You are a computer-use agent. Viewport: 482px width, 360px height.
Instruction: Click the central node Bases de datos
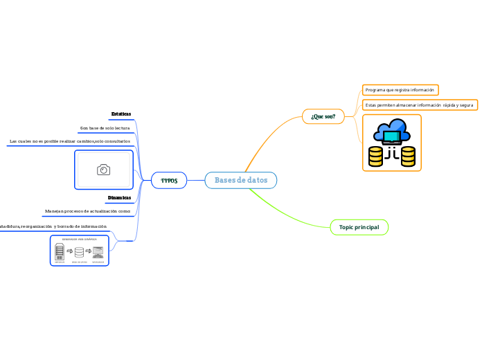(241, 180)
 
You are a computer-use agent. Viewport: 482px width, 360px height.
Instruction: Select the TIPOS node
(169, 180)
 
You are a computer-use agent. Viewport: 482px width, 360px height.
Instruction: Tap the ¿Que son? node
(323, 116)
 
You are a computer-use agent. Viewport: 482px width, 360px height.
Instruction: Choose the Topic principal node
(359, 227)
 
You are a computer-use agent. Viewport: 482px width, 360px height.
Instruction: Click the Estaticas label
(120, 114)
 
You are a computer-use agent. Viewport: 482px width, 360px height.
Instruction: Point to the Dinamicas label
(119, 197)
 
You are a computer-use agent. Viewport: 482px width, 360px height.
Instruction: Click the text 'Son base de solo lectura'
(105, 128)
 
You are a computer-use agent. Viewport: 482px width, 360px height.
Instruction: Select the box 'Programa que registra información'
(400, 90)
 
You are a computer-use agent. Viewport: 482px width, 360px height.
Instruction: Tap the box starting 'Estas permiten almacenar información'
(419, 105)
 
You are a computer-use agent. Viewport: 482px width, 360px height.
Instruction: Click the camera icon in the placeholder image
(103, 170)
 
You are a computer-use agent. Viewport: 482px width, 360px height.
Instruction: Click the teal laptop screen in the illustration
(392, 137)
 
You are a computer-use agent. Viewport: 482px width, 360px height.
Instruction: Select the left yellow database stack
(375, 156)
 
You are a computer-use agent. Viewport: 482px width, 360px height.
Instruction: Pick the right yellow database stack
(408, 156)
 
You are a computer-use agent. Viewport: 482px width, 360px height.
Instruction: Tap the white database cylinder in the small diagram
(79, 253)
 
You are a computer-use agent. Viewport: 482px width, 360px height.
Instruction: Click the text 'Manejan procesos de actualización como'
(87, 210)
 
